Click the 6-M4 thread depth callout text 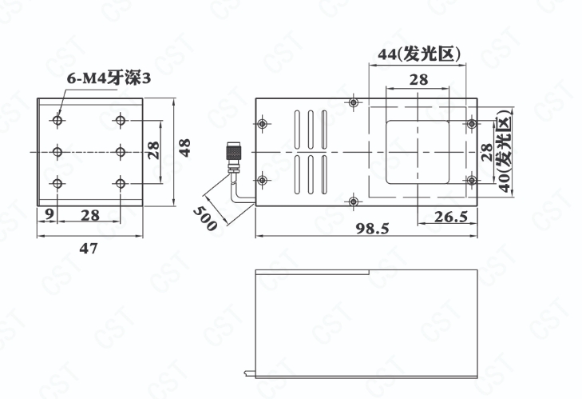point(109,78)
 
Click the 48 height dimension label point(184,148)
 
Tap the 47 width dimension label point(89,248)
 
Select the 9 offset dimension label point(49,213)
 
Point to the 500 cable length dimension point(205,218)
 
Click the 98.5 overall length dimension point(372,229)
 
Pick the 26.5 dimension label point(450,217)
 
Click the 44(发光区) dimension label point(419,54)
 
